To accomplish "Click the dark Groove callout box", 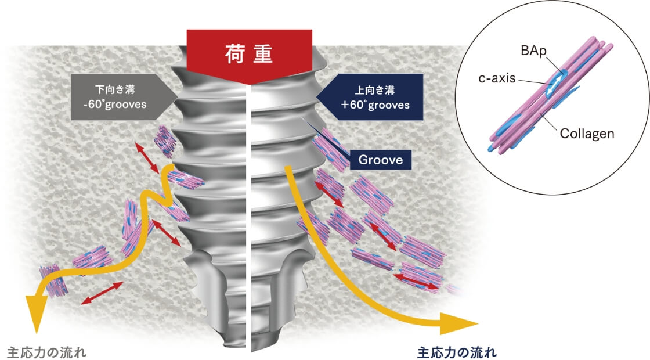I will [380, 160].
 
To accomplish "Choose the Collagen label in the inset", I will [587, 134].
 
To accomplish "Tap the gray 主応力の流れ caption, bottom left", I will [46, 352].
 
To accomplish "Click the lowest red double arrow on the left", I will [102, 293].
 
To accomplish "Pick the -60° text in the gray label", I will [93, 105].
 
